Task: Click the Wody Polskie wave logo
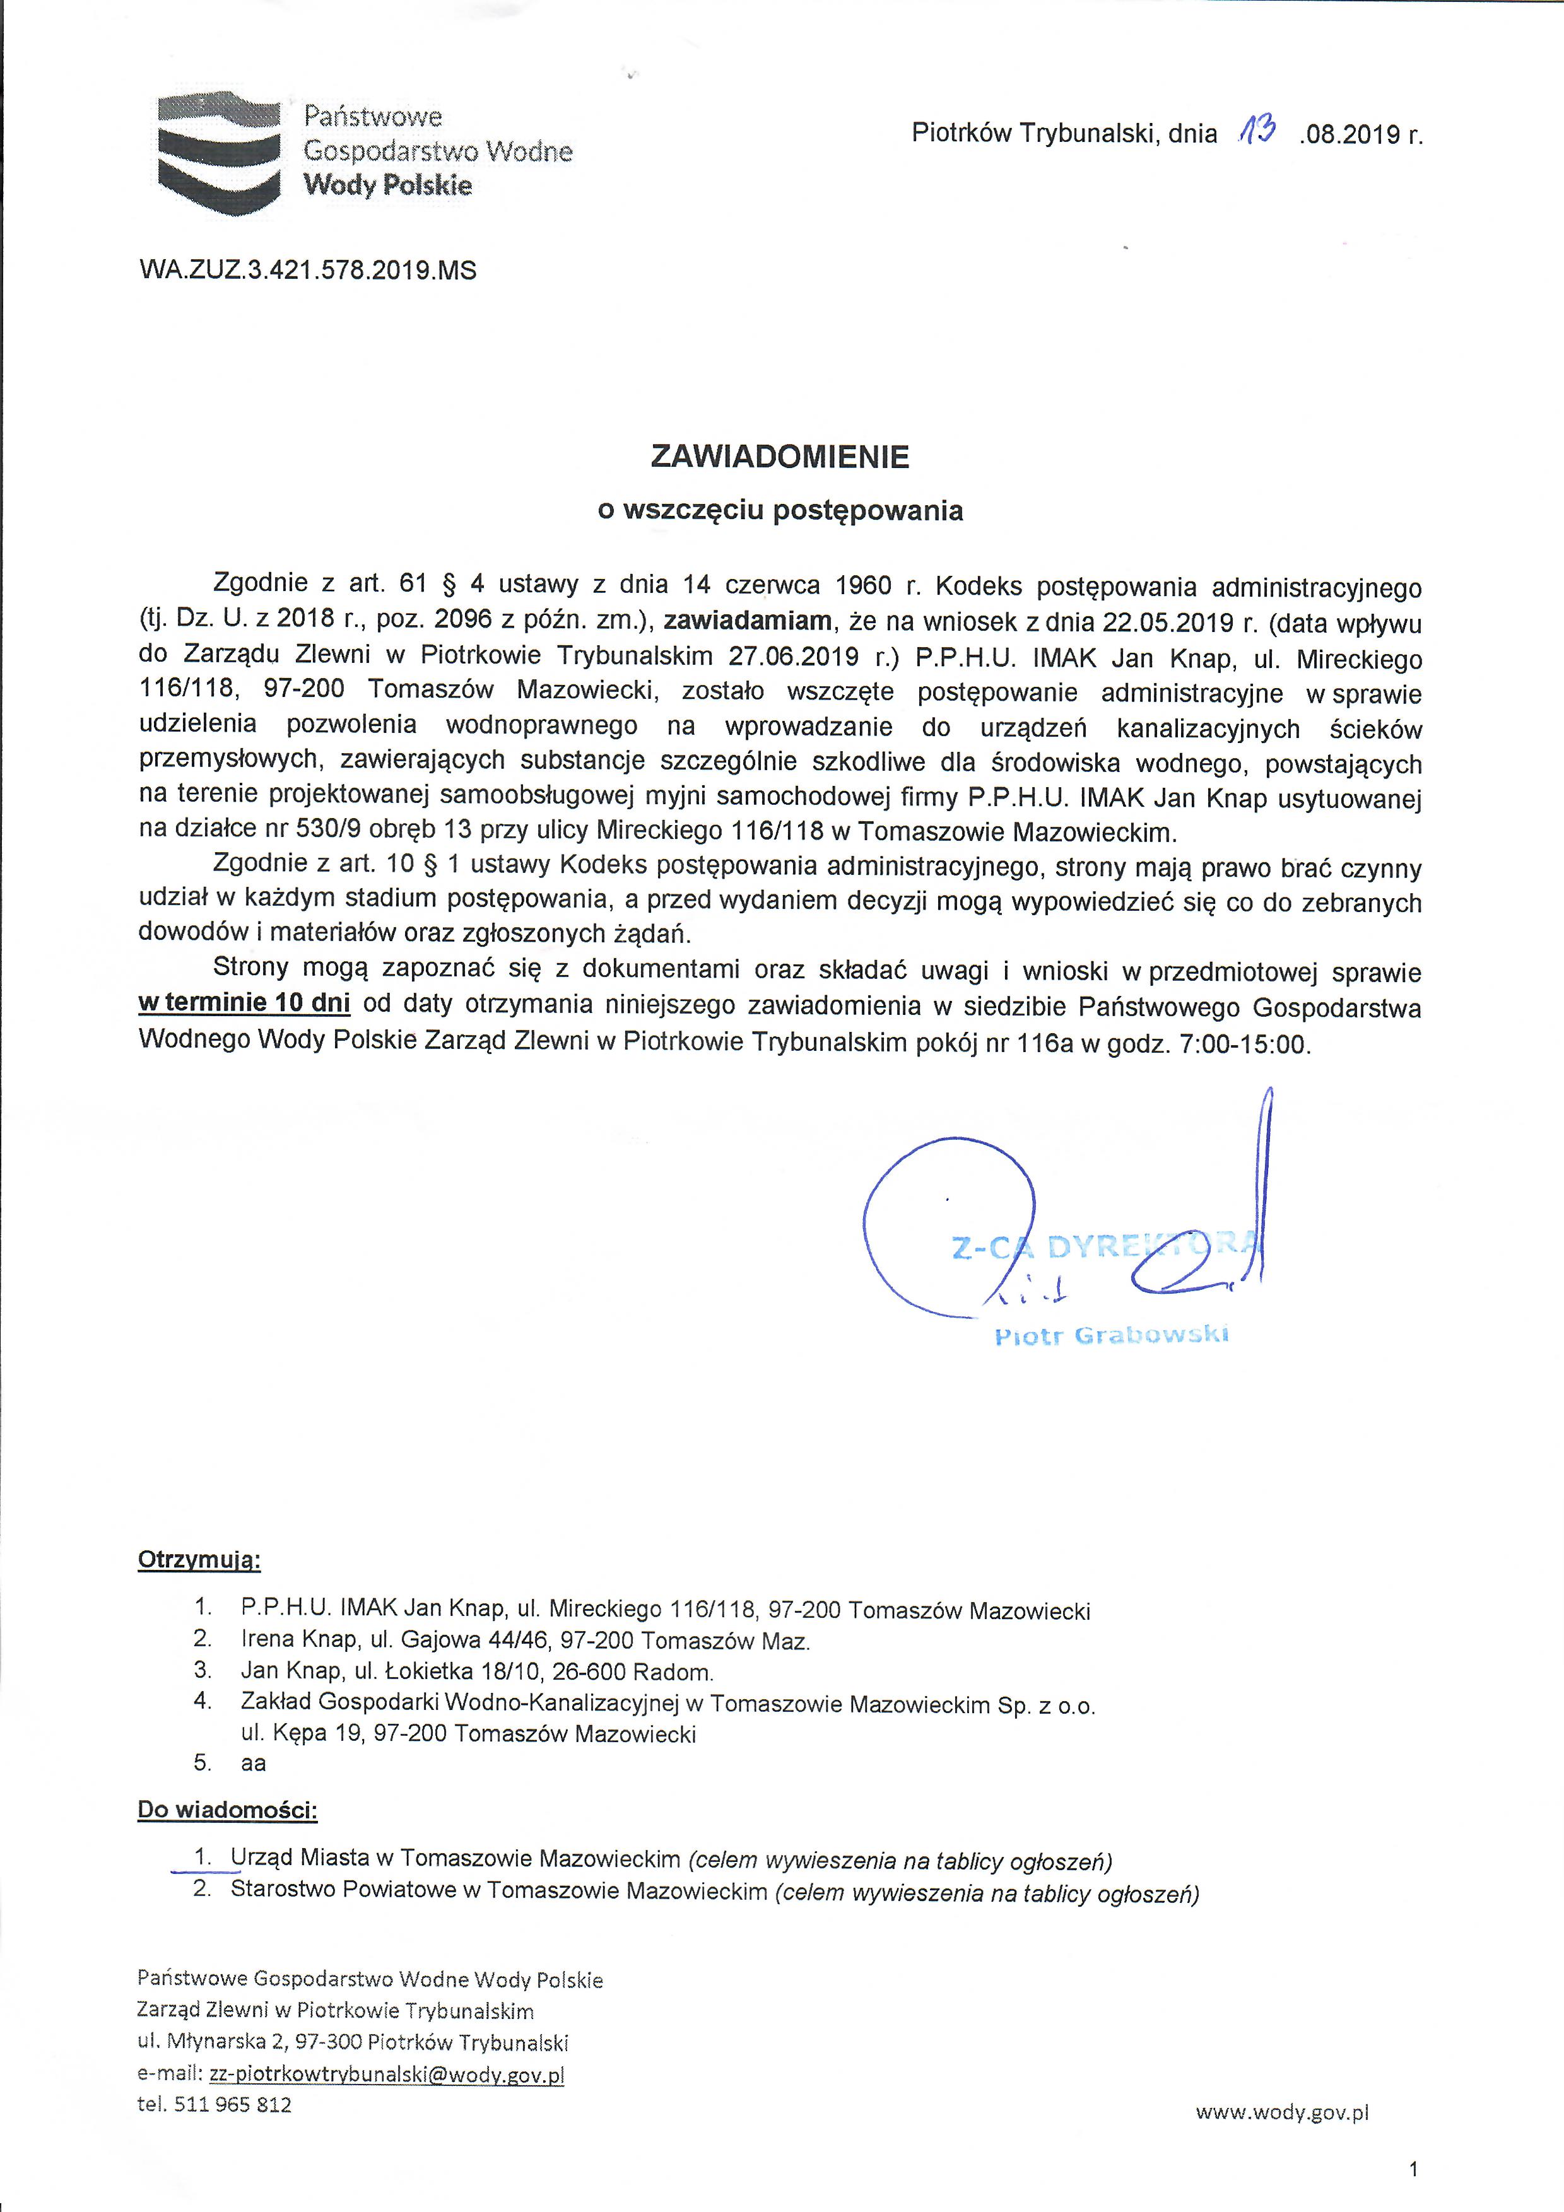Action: [x=219, y=151]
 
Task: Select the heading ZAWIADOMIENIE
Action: [x=780, y=457]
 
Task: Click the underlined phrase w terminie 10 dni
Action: [x=244, y=1003]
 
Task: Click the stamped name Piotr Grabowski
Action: [x=1111, y=1335]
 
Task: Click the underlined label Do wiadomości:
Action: [x=227, y=1810]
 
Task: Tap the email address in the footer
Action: [x=386, y=2074]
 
